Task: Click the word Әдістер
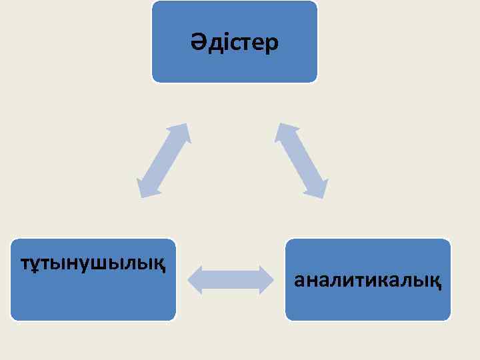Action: tap(234, 43)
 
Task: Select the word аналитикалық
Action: tap(367, 280)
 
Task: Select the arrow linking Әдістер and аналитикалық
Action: tap(302, 161)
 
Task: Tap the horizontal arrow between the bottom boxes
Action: tap(231, 279)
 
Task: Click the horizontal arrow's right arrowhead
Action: tap(266, 279)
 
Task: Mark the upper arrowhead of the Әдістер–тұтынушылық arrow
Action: tap(183, 132)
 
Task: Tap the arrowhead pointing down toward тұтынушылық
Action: tap(145, 189)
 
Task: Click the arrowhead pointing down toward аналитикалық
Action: tap(319, 189)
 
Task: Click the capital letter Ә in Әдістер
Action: tap(197, 43)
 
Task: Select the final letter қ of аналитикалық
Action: tap(435, 281)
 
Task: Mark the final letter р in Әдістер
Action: tap(272, 44)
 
